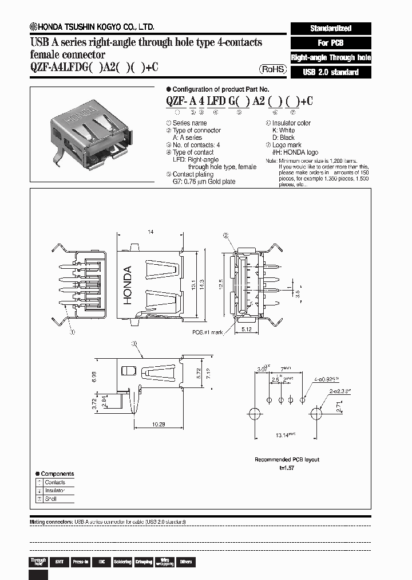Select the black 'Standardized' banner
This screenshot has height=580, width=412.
click(x=331, y=28)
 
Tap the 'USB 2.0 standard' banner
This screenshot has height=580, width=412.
click(x=331, y=72)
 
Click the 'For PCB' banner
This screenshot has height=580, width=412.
click(x=331, y=43)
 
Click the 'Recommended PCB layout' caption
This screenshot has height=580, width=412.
click(x=287, y=460)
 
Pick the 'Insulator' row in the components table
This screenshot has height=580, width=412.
click(x=55, y=491)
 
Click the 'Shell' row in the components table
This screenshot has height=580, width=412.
click(x=51, y=499)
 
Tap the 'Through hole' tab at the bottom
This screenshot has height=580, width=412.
click(x=38, y=562)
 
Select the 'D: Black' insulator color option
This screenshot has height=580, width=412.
click(x=283, y=138)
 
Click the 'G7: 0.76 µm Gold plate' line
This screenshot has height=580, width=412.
click(x=204, y=182)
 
